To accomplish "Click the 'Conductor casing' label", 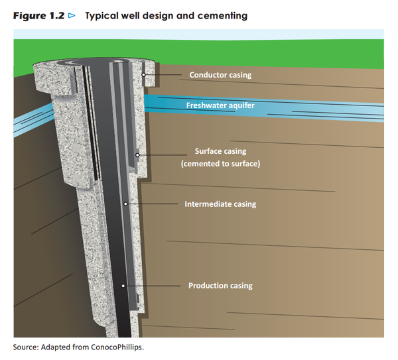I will coord(220,75).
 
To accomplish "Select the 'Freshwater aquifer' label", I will coord(220,105).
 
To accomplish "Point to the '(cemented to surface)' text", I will coord(220,163).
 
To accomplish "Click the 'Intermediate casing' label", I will coord(220,204).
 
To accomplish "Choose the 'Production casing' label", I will coord(220,286).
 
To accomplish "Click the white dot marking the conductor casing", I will coord(143,75).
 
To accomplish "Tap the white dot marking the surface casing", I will coord(137,156).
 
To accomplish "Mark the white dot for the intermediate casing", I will coord(125,204).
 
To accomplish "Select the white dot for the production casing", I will coord(123,286).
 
